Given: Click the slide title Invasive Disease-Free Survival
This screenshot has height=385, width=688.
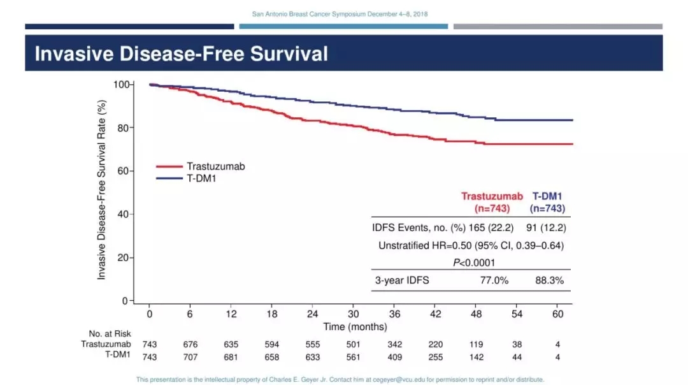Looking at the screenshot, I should (181, 54).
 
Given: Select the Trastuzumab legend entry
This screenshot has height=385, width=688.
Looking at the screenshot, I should (215, 166).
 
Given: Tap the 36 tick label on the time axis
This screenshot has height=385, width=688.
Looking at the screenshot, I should (395, 314).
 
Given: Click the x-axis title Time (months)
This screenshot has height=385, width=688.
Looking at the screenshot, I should (355, 326).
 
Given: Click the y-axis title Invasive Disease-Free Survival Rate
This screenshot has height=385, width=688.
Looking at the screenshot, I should (102, 192).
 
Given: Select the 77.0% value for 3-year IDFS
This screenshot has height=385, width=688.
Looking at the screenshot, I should (494, 280).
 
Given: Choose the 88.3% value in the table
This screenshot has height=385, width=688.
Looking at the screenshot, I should (550, 280).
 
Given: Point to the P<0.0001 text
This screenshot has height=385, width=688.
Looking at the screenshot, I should (471, 262).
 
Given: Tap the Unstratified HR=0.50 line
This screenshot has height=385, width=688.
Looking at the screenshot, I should (471, 245).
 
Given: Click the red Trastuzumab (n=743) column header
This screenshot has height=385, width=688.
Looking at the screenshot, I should (492, 202).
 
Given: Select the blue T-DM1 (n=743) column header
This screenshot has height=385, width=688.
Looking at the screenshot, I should (548, 202).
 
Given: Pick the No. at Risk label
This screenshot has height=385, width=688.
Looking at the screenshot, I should (110, 333).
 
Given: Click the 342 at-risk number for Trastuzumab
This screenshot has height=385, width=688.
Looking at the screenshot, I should (395, 344).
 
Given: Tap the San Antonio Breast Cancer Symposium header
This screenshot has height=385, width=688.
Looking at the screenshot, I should (344, 14).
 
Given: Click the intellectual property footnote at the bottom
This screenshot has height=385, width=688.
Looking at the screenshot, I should (340, 379).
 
